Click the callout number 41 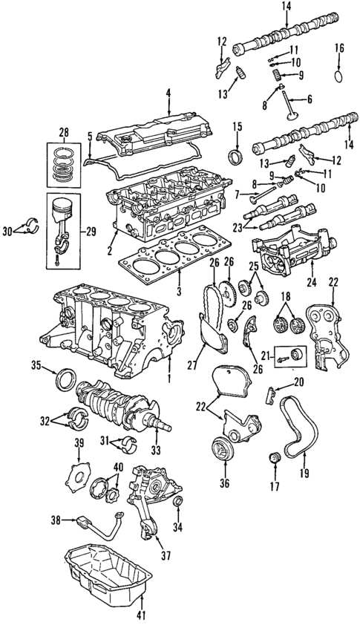(x=140, y=615)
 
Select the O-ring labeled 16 (x=338, y=76)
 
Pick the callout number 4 (x=168, y=94)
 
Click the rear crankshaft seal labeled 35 (x=65, y=380)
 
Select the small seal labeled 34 (x=179, y=500)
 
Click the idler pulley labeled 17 (x=275, y=459)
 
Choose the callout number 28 (x=63, y=131)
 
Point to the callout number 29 (x=91, y=232)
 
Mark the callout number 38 (x=56, y=520)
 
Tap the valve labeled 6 (x=289, y=105)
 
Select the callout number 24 (x=312, y=283)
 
